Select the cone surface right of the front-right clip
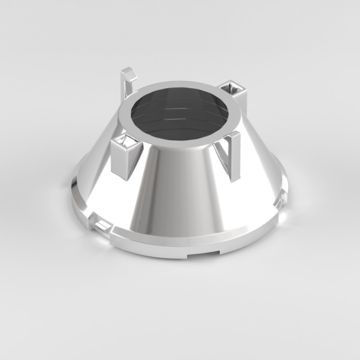tap(258, 174)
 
